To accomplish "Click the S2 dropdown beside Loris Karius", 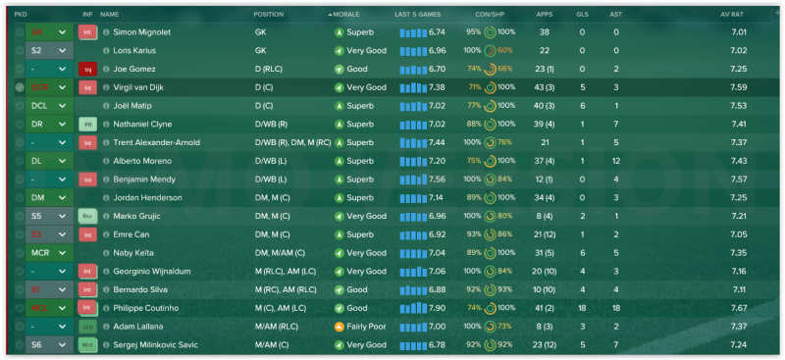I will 49,50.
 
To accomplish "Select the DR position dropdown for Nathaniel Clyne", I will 49,124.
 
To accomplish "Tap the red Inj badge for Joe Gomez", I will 87,69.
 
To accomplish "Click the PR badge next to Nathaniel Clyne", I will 87,124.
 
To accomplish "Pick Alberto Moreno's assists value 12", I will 615,160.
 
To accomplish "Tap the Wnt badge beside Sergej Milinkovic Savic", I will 87,344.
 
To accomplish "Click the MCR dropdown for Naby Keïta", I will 49,252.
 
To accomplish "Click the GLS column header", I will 582,15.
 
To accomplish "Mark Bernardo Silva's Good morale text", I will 357,289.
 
